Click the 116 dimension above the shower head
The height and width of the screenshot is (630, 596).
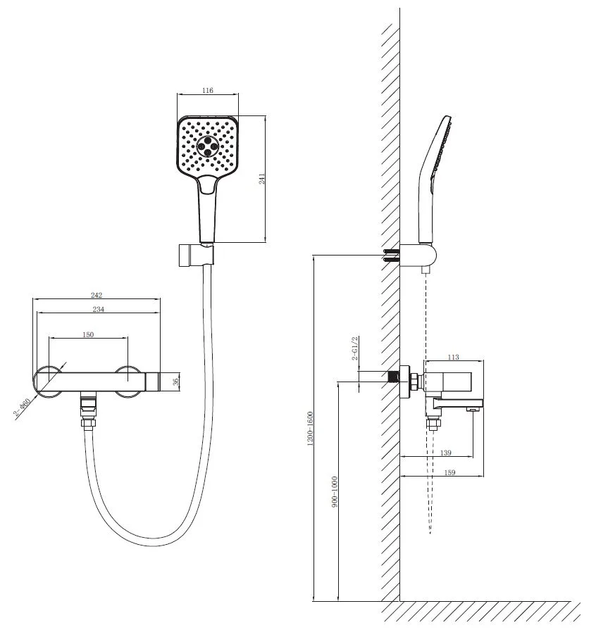click(x=208, y=90)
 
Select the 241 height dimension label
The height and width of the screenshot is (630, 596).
click(x=261, y=179)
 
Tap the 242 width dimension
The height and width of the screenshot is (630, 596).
click(x=97, y=295)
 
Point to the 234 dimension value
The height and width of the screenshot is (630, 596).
click(x=99, y=309)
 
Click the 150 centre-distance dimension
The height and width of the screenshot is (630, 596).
click(x=88, y=334)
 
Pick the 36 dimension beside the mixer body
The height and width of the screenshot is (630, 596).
click(x=175, y=382)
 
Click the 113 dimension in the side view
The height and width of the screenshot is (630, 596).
click(x=453, y=357)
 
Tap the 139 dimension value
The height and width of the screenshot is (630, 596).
click(x=446, y=453)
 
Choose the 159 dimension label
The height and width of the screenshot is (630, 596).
click(x=449, y=472)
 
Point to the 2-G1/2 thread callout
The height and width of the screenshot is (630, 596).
click(x=354, y=348)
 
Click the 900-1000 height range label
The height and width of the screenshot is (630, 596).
click(x=334, y=492)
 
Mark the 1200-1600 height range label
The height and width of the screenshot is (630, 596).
click(x=310, y=428)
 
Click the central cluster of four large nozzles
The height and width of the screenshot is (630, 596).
click(x=208, y=146)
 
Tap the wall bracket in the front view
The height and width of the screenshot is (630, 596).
click(x=196, y=255)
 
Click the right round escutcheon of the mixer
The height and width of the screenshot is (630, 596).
click(x=128, y=382)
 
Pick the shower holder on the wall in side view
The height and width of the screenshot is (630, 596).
click(x=418, y=255)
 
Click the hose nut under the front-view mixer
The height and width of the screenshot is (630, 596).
click(x=88, y=422)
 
